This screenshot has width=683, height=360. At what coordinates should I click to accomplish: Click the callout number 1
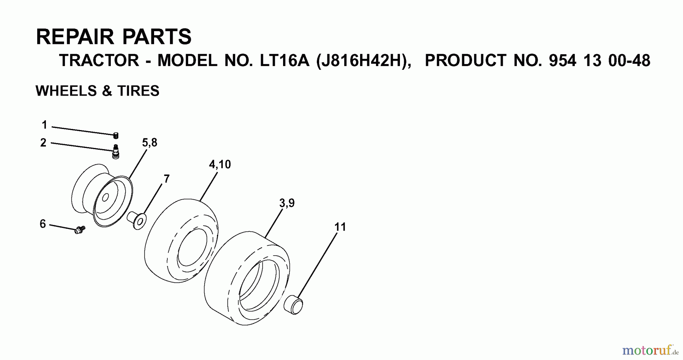pyautogui.click(x=44, y=125)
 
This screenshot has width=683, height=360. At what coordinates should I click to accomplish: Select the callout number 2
pyautogui.click(x=43, y=143)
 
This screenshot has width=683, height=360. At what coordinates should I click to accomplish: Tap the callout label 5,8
pyautogui.click(x=150, y=143)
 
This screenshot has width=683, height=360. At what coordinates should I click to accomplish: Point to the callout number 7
pyautogui.click(x=167, y=179)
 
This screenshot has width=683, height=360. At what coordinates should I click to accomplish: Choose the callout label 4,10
pyautogui.click(x=220, y=165)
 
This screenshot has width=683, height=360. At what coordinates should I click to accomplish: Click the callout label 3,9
pyautogui.click(x=287, y=203)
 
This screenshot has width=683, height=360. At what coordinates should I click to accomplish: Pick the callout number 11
pyautogui.click(x=340, y=227)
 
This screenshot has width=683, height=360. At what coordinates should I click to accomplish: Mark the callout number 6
pyautogui.click(x=43, y=224)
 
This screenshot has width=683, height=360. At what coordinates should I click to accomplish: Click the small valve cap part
pyautogui.click(x=116, y=135)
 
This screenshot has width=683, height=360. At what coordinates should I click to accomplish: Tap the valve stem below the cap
pyautogui.click(x=116, y=151)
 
